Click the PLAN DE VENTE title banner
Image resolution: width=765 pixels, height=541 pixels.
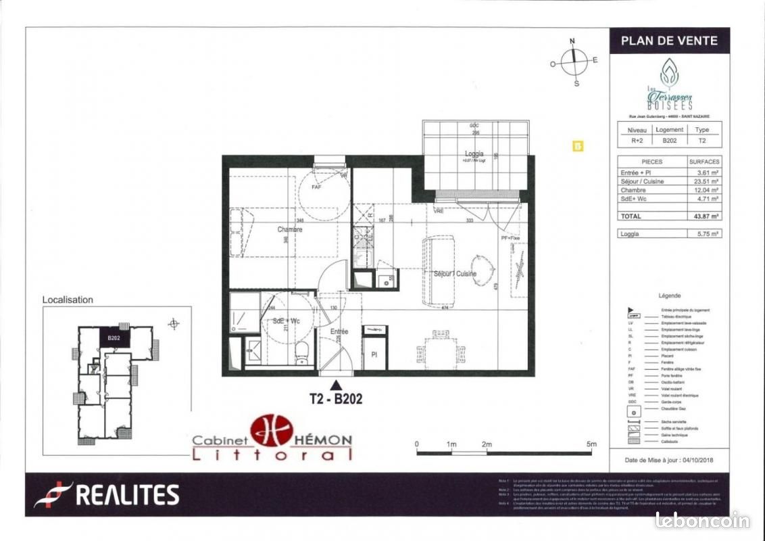(669, 41)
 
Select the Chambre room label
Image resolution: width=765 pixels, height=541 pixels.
(290, 230)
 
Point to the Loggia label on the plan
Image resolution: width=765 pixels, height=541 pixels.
(474, 154)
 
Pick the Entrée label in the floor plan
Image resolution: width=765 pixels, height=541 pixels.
(339, 331)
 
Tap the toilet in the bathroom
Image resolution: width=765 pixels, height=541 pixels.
(302, 350)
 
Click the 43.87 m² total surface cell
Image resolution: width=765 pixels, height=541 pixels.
(704, 216)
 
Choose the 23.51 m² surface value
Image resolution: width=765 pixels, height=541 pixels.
(704, 181)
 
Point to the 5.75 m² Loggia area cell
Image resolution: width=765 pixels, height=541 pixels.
(704, 234)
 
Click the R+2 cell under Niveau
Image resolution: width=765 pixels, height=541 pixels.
(637, 141)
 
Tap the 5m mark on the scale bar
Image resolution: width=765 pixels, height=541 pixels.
(591, 444)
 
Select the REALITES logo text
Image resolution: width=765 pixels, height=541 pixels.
(126, 495)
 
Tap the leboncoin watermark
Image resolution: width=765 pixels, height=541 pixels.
(702, 520)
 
